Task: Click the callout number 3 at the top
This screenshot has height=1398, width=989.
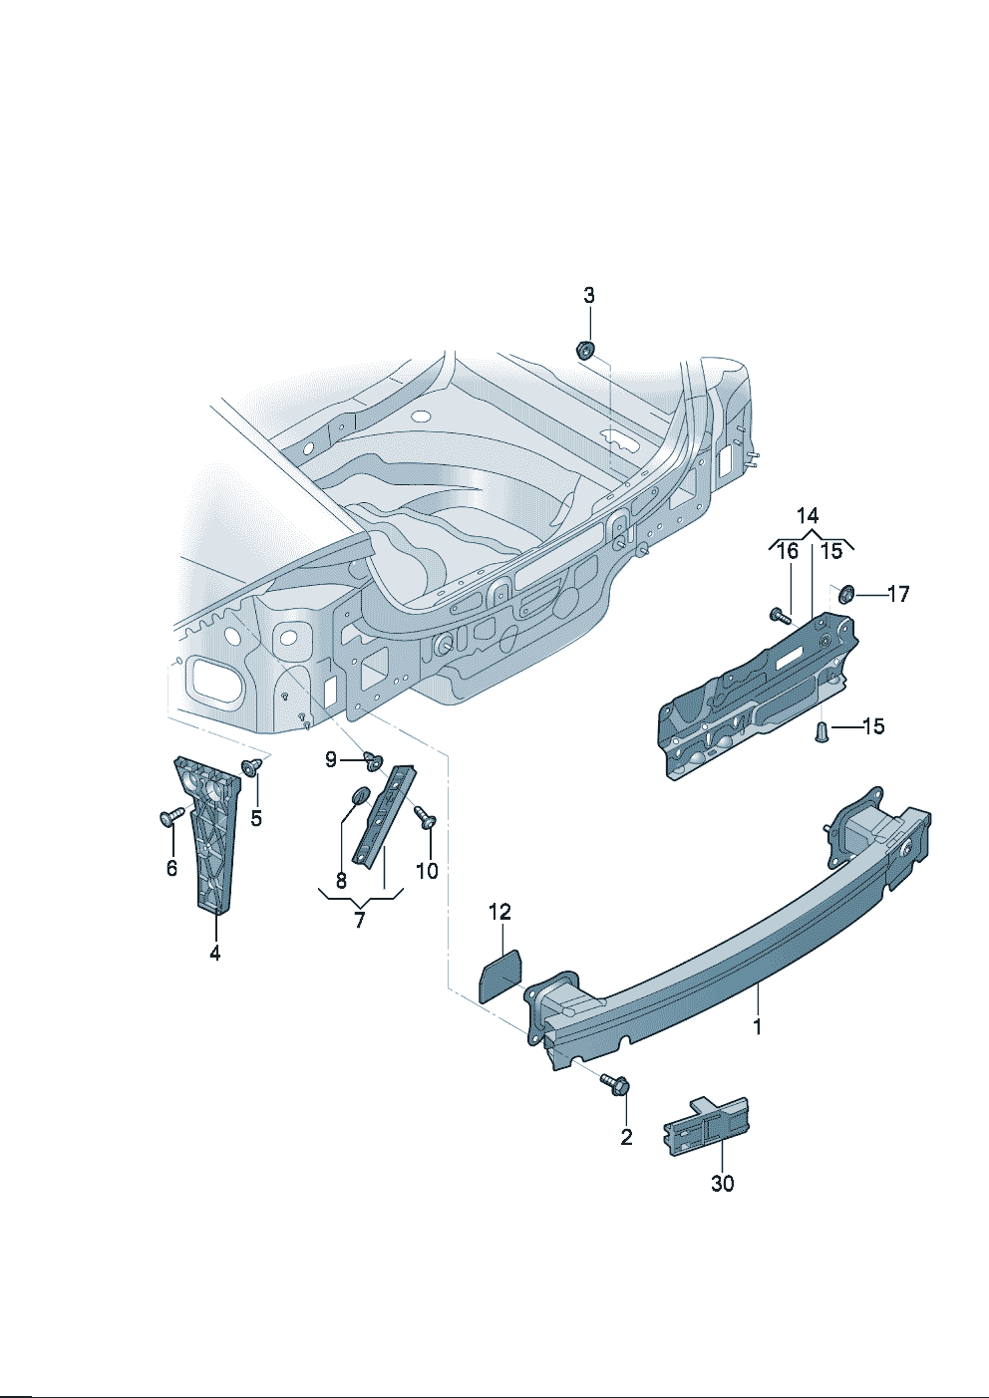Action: coord(588,295)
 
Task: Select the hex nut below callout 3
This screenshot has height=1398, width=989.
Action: coord(585,350)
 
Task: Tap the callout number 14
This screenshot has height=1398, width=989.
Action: coord(808,515)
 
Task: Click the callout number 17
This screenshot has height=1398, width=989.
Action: coord(898,594)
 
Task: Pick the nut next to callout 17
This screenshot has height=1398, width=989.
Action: coord(845,594)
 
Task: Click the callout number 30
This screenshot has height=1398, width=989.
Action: coord(722,1183)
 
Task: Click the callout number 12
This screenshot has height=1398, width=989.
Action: coord(499,912)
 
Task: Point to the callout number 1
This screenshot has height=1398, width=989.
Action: coord(758,1026)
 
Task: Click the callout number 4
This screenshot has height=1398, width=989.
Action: coord(214,953)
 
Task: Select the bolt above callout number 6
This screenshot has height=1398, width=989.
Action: coord(169,817)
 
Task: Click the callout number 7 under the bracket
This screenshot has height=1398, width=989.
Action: coord(360,920)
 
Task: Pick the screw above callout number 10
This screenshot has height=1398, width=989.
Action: coord(427,817)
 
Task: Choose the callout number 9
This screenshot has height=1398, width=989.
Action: coord(331,759)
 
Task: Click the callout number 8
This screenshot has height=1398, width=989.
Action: coord(341,881)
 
